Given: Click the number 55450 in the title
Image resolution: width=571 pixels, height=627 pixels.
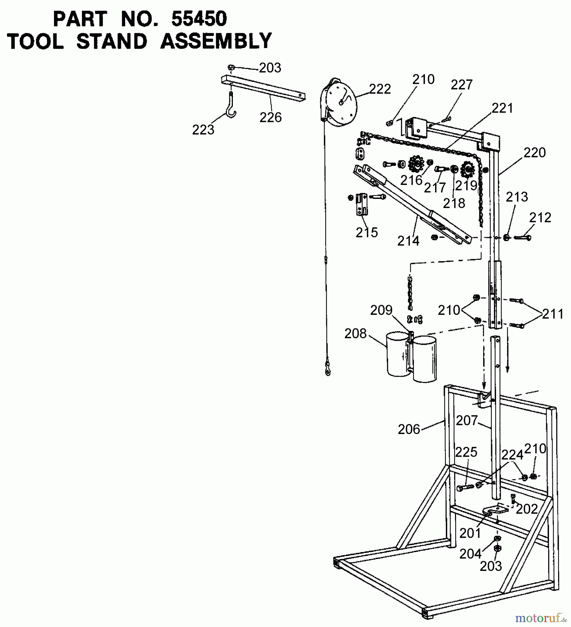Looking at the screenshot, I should (199, 19).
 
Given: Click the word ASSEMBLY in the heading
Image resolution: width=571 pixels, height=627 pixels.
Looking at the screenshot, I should (216, 41).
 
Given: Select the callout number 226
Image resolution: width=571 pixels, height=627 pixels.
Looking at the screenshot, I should (271, 117).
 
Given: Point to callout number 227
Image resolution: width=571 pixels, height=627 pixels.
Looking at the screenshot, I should (462, 85).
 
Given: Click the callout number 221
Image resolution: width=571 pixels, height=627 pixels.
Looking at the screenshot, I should (502, 108).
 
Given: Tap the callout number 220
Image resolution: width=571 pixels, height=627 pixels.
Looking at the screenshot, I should (534, 153).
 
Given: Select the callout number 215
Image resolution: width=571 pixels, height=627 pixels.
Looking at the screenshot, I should (367, 232).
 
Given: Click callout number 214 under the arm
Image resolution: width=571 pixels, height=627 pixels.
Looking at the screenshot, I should (408, 241).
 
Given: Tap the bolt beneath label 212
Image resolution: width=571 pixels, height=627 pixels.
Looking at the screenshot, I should (522, 238).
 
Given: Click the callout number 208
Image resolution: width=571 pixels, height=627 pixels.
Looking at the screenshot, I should (355, 334).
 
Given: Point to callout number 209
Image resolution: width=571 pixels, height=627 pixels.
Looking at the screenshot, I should (381, 310).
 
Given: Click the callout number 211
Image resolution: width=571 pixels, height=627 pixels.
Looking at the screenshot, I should (553, 314).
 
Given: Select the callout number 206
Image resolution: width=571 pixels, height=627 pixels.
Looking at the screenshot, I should (409, 429).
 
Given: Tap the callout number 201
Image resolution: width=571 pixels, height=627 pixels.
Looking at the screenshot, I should (470, 533).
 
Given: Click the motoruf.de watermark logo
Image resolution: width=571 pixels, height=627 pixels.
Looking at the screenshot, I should (538, 618).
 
